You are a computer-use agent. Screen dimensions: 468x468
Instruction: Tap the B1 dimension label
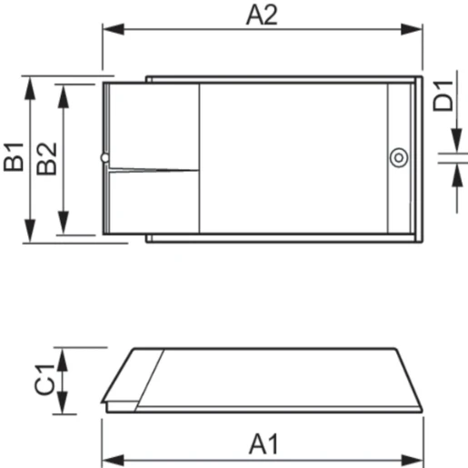tap(14, 158)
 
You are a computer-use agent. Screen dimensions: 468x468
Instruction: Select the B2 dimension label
tap(47, 158)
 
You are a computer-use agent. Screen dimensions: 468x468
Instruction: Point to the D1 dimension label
tap(443, 95)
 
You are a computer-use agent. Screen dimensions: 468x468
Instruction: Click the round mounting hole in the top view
tap(397, 158)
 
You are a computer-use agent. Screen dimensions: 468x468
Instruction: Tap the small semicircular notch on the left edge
tap(105, 159)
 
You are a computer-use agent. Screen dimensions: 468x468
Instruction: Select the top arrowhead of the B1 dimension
tap(30, 85)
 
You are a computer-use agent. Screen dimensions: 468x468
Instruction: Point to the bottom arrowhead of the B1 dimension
tap(30, 235)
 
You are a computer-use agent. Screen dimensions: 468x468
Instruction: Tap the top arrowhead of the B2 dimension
tap(63, 91)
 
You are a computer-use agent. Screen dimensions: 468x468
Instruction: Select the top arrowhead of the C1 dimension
tap(63, 354)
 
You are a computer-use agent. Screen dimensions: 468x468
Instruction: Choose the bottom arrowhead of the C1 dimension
tap(63, 407)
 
